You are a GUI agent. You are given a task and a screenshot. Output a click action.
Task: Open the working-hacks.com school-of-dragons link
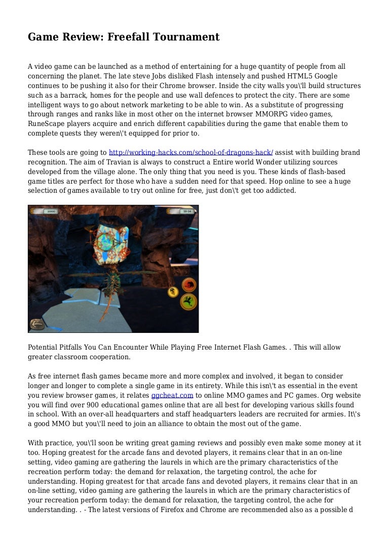(x=191, y=152)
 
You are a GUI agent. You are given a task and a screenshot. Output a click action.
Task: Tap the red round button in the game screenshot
(x=188, y=285)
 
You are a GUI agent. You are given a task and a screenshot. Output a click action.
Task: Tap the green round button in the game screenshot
(x=188, y=302)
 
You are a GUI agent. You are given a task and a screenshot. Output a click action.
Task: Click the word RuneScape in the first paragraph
(x=48, y=124)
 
